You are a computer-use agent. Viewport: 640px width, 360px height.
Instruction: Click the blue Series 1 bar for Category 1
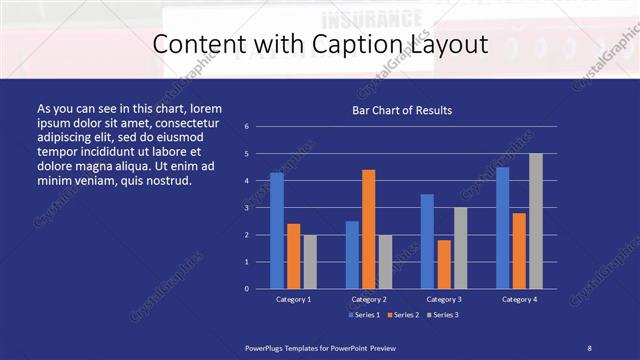[x=277, y=231]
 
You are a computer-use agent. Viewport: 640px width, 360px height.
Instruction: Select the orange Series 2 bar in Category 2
[x=369, y=229]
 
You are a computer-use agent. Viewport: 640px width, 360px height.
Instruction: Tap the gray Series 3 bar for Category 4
[x=536, y=221]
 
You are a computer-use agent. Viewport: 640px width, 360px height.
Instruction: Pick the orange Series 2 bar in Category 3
[x=444, y=264]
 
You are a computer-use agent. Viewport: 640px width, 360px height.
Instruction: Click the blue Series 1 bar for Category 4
[x=503, y=228]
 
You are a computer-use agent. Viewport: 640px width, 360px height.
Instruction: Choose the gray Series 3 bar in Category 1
[x=310, y=262]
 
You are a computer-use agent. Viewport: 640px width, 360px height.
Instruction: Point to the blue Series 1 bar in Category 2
[x=352, y=255]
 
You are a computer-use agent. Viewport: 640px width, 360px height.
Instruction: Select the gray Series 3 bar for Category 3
[x=461, y=248]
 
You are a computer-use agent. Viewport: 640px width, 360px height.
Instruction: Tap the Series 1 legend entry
[x=364, y=315]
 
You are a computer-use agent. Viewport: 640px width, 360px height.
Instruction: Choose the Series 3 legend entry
[x=443, y=315]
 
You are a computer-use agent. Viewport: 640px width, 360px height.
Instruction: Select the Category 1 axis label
[x=294, y=299]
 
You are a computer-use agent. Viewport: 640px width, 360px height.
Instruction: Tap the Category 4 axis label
[x=519, y=299]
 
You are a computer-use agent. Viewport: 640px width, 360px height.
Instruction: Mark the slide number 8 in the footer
[x=589, y=347]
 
